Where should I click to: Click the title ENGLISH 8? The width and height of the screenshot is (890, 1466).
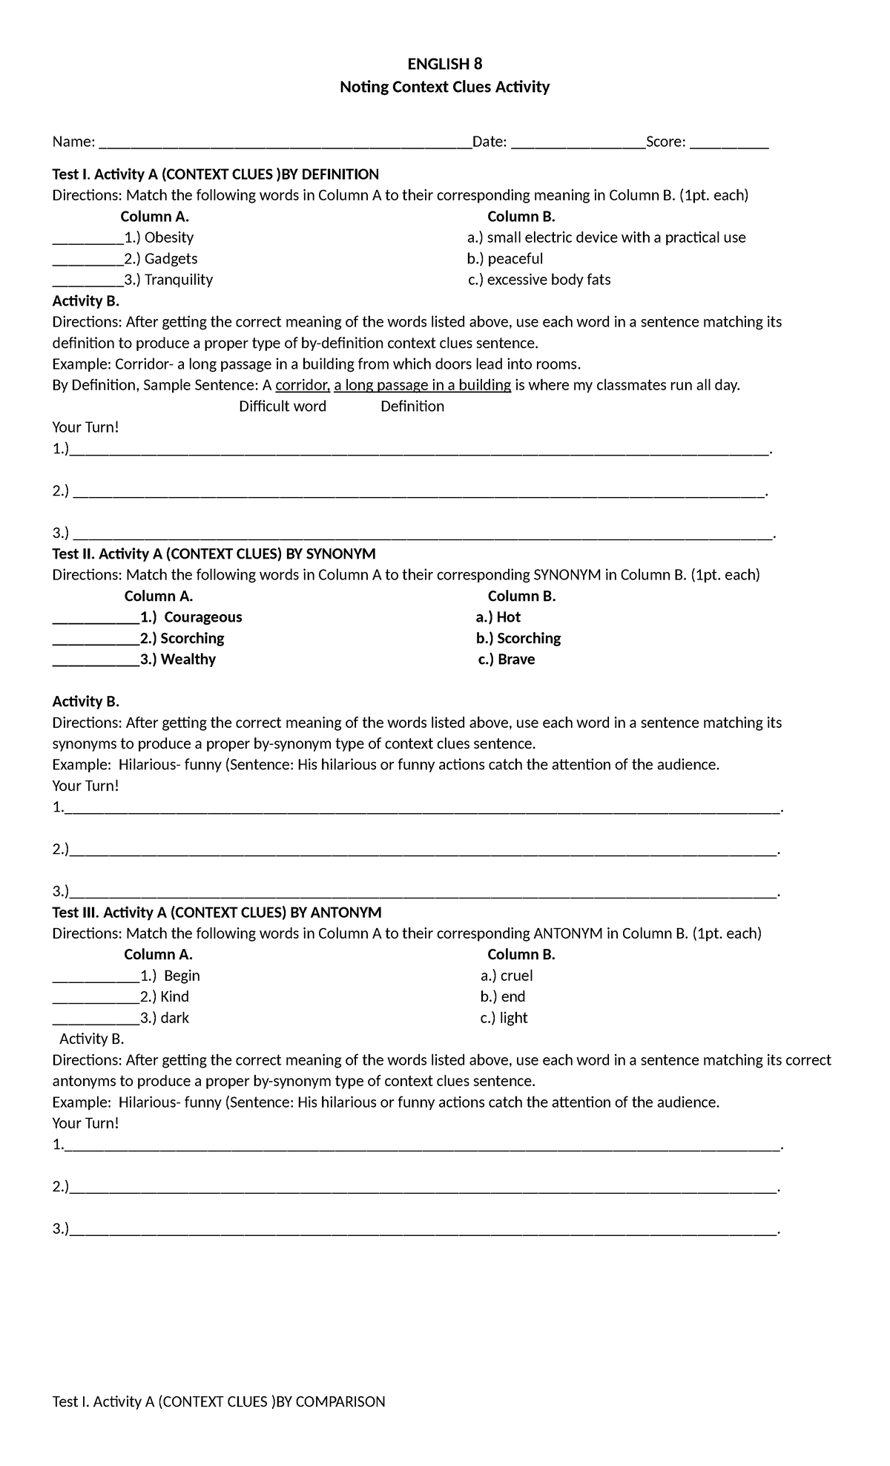[x=444, y=64]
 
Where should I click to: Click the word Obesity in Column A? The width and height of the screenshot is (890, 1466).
[x=169, y=237]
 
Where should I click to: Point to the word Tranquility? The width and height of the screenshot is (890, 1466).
[x=179, y=280]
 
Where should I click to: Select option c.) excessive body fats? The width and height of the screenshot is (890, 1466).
[x=539, y=280]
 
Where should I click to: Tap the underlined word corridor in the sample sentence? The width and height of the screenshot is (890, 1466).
[x=302, y=385]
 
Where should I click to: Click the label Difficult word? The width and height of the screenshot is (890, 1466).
[x=283, y=407]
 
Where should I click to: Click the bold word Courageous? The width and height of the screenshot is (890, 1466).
[x=202, y=617]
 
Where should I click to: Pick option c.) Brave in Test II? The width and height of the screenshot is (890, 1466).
[x=507, y=660]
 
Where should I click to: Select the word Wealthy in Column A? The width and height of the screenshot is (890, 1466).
[x=188, y=660]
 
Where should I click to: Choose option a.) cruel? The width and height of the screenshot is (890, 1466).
[x=507, y=976]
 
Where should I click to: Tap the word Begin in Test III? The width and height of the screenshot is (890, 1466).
[x=182, y=976]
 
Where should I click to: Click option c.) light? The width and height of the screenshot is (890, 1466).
[x=504, y=1018]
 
